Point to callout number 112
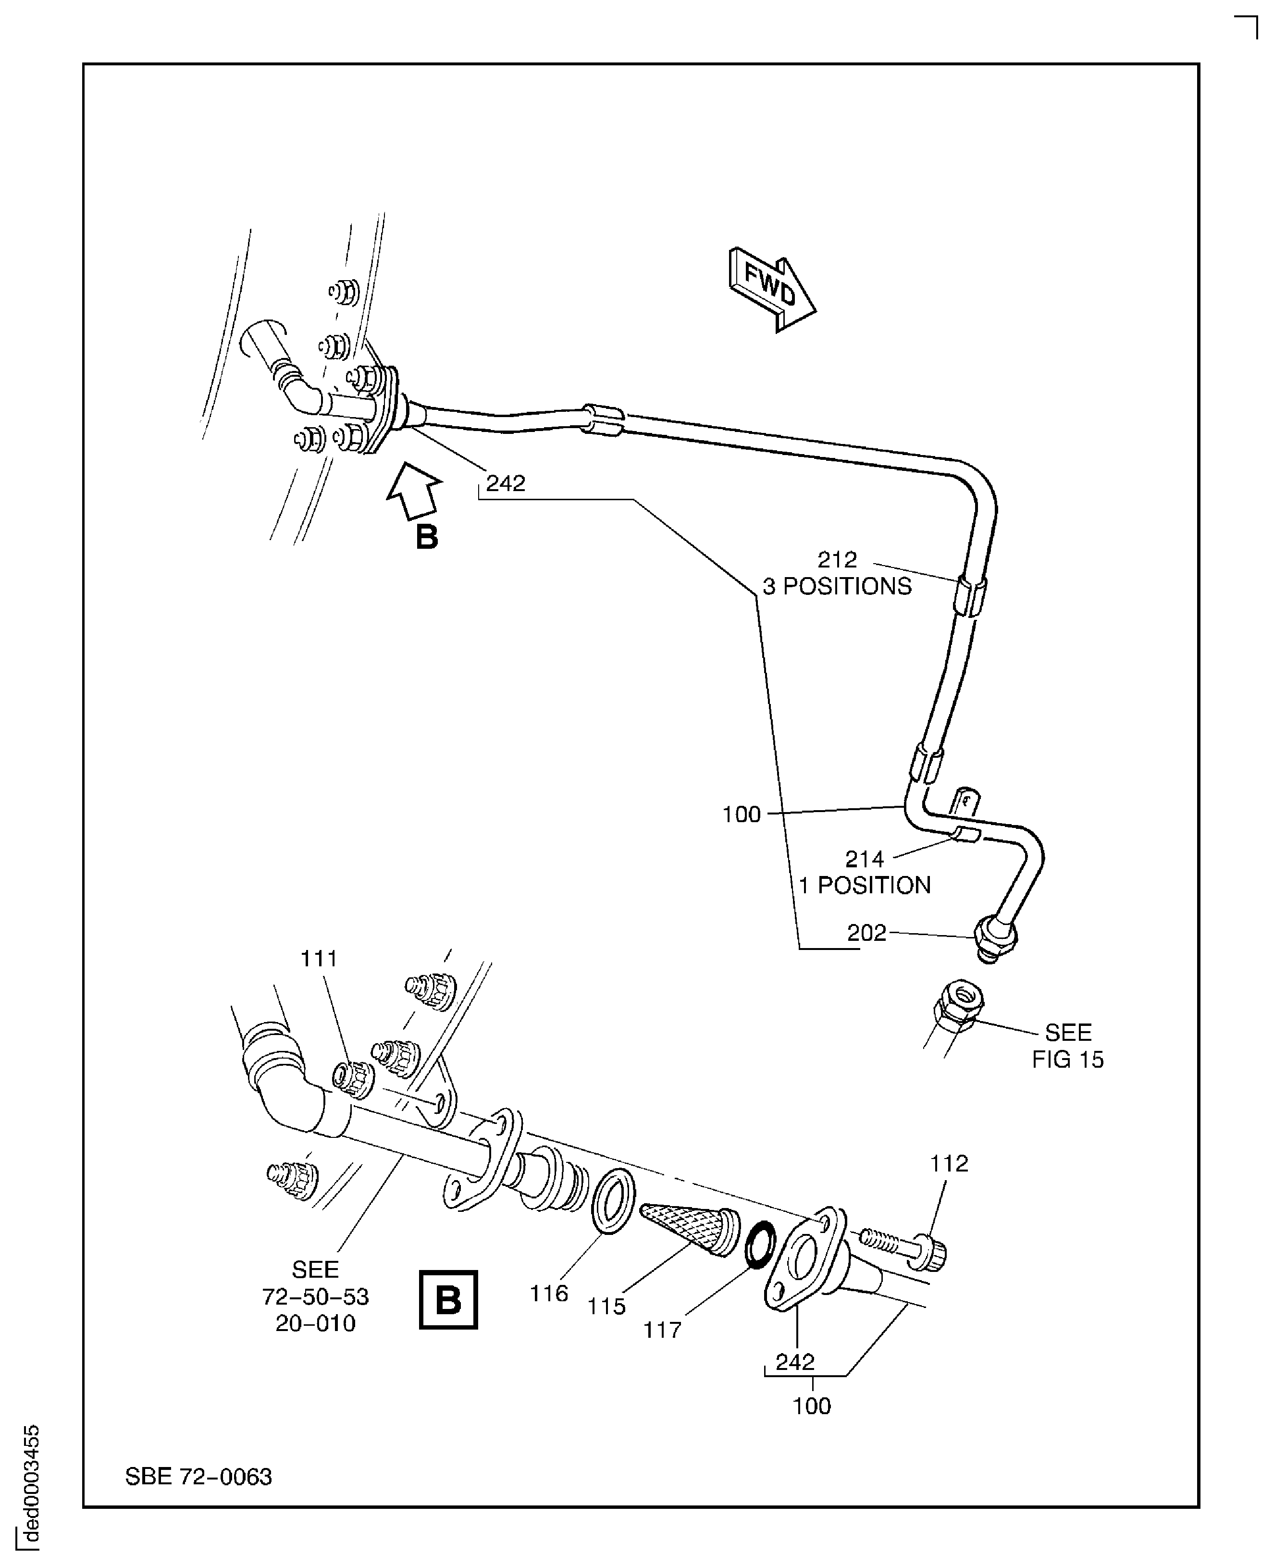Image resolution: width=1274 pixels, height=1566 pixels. pyautogui.click(x=949, y=1163)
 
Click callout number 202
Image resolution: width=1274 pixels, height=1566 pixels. pyautogui.click(x=866, y=933)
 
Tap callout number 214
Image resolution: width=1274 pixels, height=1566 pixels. pyautogui.click(x=865, y=859)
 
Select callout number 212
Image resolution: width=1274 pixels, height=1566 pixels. pyautogui.click(x=837, y=560)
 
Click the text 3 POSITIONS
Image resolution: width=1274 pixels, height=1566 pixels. pyautogui.click(x=837, y=586)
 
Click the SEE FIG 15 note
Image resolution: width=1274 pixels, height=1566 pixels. pyautogui.click(x=1068, y=1046)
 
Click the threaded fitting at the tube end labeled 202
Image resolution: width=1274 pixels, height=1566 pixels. pyautogui.click(x=994, y=939)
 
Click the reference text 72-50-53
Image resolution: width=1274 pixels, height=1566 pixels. pyautogui.click(x=316, y=1297)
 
